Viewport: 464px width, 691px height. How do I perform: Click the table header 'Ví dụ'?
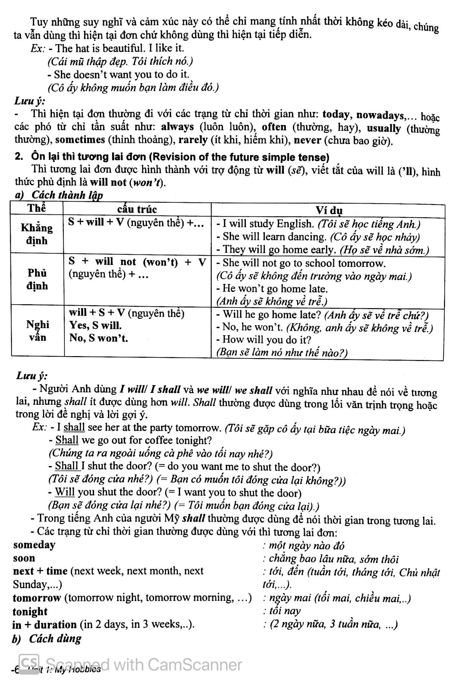tap(328, 210)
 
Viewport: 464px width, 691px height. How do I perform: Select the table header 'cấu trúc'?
tap(137, 209)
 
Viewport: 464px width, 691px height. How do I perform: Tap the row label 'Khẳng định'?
tap(37, 234)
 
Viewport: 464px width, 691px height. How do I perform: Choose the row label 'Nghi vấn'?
tap(37, 331)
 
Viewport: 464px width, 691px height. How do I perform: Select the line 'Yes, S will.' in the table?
tap(96, 326)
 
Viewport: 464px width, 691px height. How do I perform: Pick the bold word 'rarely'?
tap(193, 140)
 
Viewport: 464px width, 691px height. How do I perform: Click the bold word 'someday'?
tap(34, 545)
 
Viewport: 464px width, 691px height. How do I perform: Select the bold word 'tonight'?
tap(30, 611)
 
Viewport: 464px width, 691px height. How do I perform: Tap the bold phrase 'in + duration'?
tap(44, 625)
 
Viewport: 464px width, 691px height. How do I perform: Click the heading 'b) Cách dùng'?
tap(47, 638)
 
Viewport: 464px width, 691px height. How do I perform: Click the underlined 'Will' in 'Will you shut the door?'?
tap(65, 492)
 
